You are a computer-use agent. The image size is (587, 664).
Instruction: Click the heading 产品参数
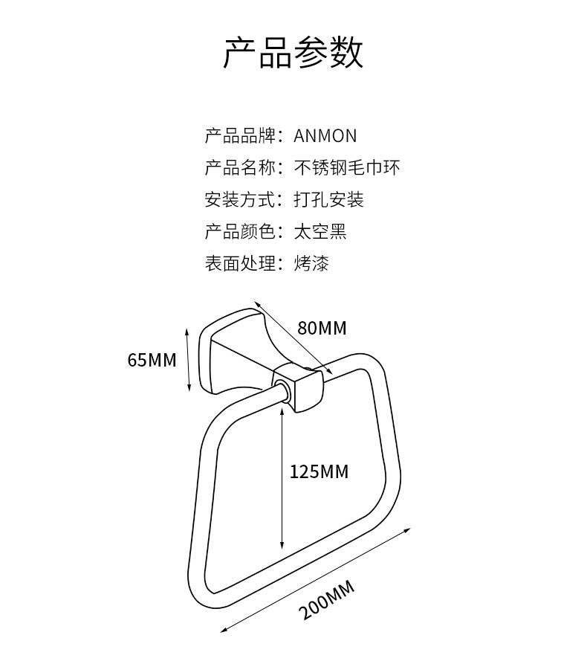point(293,53)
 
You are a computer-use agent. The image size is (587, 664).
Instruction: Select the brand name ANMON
point(325,136)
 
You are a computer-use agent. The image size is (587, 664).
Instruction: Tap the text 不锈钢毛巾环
point(347,168)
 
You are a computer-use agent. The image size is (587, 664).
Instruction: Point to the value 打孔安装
point(328,200)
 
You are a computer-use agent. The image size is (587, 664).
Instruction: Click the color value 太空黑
point(320,232)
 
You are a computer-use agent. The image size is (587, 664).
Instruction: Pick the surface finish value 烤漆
point(311,264)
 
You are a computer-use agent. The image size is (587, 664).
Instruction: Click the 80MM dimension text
point(322,328)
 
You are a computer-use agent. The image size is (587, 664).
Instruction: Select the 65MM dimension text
point(152,361)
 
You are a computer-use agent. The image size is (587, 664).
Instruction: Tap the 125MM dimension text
point(319,471)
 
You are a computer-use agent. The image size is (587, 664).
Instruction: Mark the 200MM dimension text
point(328,602)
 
